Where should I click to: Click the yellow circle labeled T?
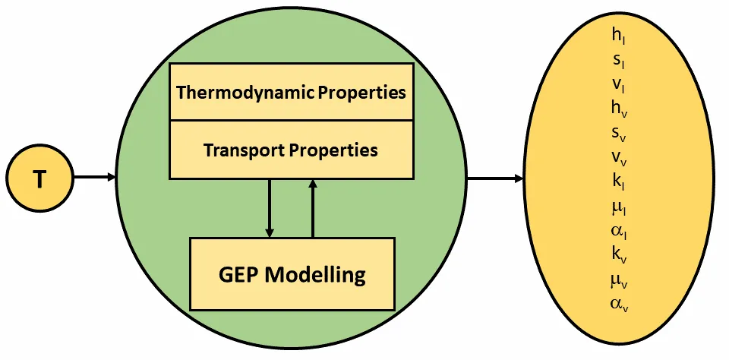tap(40, 179)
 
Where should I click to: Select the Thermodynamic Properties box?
tap(292, 93)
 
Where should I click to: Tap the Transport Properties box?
tap(292, 150)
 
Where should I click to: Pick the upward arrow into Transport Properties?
tap(312, 208)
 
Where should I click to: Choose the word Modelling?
tap(320, 273)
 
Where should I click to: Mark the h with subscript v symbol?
tap(619, 109)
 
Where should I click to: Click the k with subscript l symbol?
tap(618, 182)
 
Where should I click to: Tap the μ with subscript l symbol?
tap(618, 207)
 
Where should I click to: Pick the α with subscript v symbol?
tap(619, 305)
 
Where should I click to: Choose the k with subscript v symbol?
tap(619, 256)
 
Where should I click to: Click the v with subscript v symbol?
tap(619, 158)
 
